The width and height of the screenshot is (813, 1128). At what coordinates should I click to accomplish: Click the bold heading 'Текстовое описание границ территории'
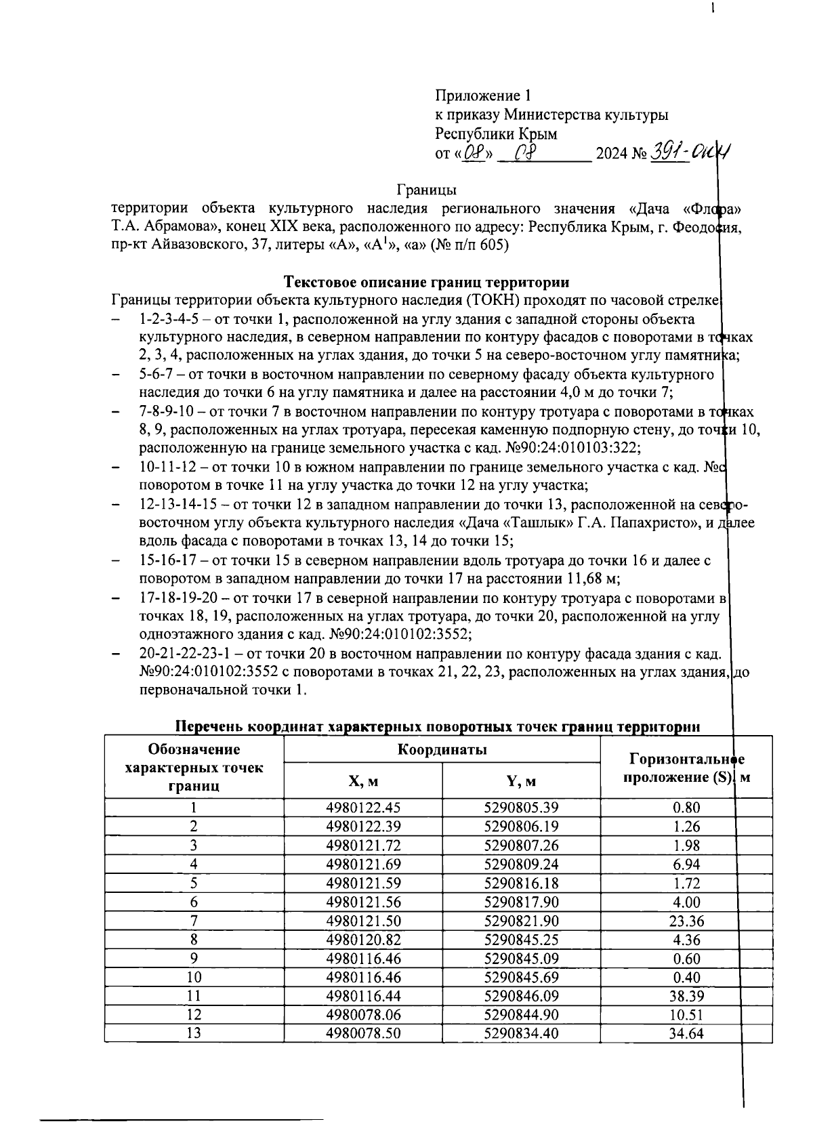point(425,282)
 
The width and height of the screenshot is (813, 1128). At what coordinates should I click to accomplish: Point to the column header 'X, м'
point(362,781)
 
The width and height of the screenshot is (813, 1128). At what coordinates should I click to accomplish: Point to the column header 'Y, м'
point(521,781)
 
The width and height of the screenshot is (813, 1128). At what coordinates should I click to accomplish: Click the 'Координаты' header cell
point(442,749)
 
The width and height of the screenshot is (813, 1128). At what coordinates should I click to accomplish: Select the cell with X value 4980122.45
point(362,808)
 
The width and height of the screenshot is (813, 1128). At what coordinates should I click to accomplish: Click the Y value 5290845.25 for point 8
point(521,940)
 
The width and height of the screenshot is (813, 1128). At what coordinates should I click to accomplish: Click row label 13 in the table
point(194,1034)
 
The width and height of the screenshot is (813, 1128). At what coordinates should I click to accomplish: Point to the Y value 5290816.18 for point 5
point(521,883)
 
